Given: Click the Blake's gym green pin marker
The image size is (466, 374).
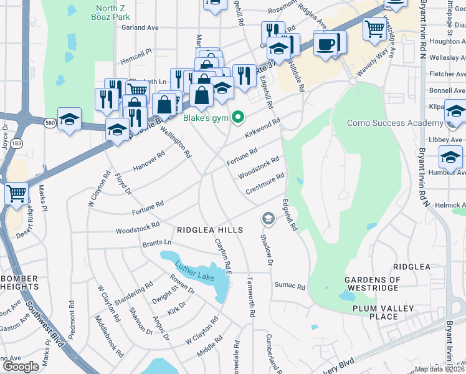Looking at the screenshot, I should click(237, 117).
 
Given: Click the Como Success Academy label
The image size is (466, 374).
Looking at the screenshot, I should click(386, 123).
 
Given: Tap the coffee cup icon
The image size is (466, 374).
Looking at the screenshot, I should click(326, 44).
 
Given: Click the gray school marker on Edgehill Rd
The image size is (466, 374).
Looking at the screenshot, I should click(268, 218).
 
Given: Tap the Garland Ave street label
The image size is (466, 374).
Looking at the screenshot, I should click(140, 27).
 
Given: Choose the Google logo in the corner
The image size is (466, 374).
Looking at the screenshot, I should click(21, 366).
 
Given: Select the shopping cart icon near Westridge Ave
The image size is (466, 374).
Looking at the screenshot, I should click(375, 28).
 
